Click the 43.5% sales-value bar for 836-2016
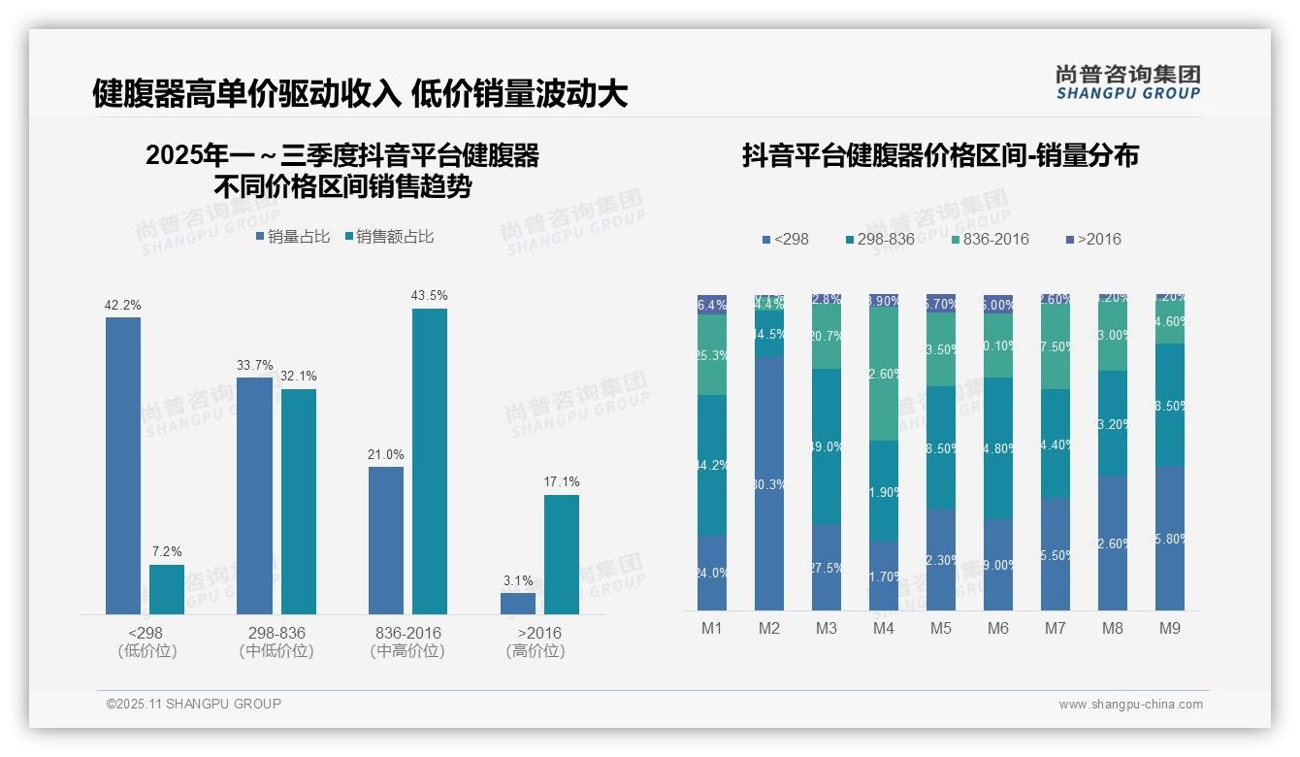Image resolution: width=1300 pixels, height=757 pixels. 430,461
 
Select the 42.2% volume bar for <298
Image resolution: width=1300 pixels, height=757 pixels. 123,466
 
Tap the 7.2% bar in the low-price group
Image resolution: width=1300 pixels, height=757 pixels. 167,589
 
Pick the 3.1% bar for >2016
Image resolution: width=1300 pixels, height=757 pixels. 518,603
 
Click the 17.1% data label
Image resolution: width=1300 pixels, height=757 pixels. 562,481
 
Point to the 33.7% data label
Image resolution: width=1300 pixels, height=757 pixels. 254,365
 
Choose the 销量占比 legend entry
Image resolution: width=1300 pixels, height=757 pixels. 293,236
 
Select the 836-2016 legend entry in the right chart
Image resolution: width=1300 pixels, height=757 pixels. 989,239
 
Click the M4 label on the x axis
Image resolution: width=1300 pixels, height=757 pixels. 884,628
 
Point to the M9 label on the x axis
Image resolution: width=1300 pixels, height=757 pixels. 1170,628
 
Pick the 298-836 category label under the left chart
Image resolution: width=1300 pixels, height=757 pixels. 276,633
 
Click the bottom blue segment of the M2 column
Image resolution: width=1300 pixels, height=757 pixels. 769,482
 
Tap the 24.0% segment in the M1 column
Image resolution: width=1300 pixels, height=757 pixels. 712,573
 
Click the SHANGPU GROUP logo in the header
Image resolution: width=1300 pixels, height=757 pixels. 1128,82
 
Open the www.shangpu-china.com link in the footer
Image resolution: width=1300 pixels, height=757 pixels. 1130,704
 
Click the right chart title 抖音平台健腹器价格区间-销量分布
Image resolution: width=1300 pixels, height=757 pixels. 940,155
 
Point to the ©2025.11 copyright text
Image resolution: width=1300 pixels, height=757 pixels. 194,704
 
